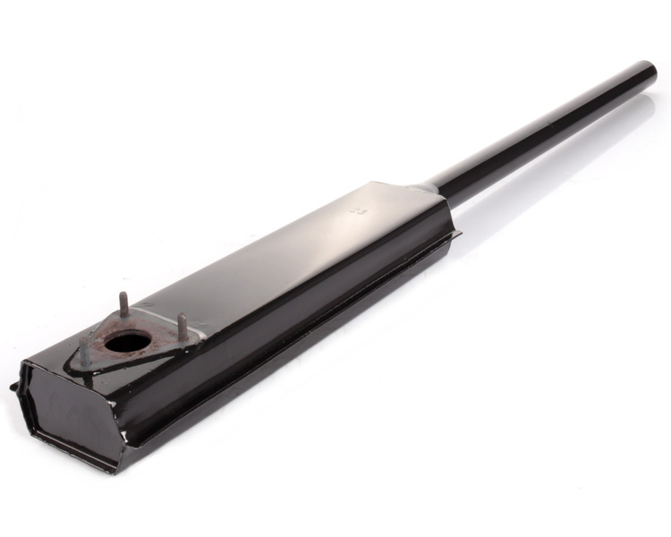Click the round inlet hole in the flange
(x=127, y=341)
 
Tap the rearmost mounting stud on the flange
(x=123, y=303)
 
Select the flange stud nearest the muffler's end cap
(x=84, y=351)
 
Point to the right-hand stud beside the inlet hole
(x=182, y=326)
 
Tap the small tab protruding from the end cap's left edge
(x=13, y=388)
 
